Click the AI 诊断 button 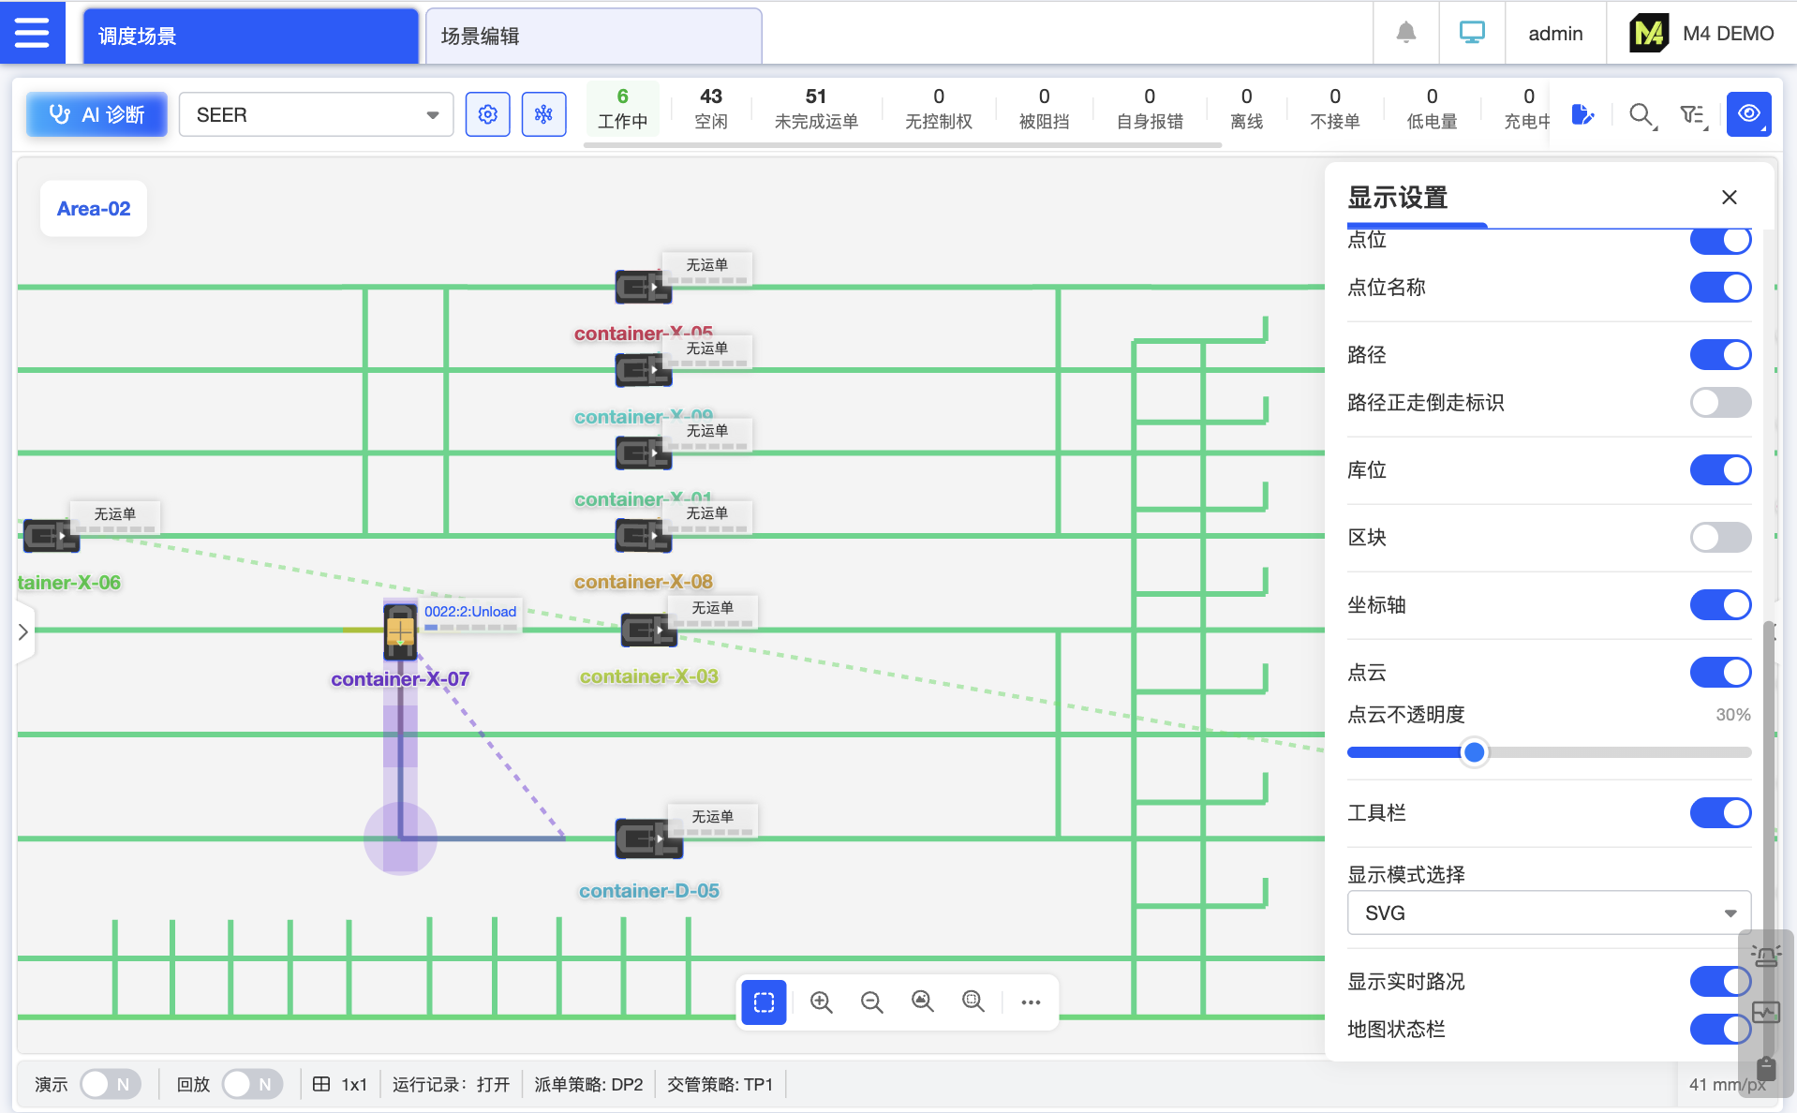coord(97,114)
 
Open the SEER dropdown coord(316,114)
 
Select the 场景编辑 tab coord(592,36)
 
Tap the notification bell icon coord(1405,34)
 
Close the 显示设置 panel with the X coord(1729,197)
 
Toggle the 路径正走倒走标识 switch coord(1719,403)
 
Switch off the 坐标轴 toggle coord(1719,605)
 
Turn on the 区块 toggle coord(1719,538)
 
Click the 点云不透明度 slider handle coord(1474,752)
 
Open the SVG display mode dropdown coord(1548,913)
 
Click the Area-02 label coord(94,209)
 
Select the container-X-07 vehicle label coord(400,679)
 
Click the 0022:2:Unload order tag coord(469,612)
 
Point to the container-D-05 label coord(648,891)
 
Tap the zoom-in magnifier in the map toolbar coord(822,1002)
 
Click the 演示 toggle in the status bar coord(110,1084)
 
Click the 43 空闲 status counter coord(710,108)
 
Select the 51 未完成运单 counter coord(815,108)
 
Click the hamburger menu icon coord(32,33)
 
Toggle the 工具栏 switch coord(1719,813)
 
